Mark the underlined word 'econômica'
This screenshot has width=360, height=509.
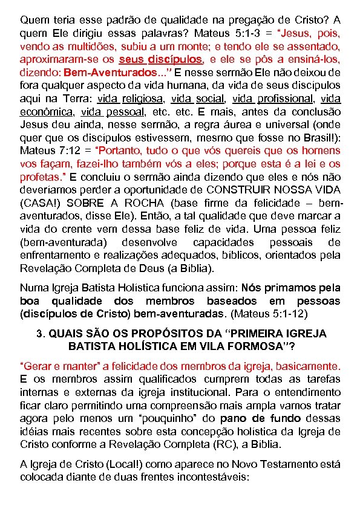tap(47, 112)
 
